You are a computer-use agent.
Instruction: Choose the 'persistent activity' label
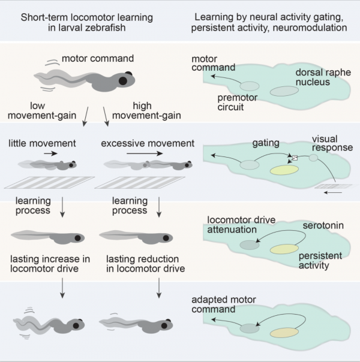(321, 260)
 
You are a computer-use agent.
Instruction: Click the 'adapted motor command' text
(235, 305)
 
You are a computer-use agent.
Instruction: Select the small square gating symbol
(294, 158)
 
